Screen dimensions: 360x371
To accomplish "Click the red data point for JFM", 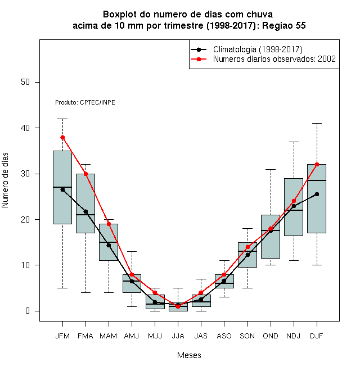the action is click(62, 138).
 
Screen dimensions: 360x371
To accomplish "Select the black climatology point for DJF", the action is click(317, 194).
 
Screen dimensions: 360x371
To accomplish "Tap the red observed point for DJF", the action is click(317, 165).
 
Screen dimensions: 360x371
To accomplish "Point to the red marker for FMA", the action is click(85, 174).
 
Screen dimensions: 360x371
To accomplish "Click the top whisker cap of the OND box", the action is click(271, 169).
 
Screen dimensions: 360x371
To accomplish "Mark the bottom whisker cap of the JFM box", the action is click(62, 288).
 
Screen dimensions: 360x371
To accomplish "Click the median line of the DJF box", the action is click(317, 180).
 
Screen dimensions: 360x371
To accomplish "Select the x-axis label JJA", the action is click(178, 336).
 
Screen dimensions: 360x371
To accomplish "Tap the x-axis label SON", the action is click(247, 336).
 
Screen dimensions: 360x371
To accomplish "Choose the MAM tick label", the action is click(108, 336).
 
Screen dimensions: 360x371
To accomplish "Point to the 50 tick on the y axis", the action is click(25, 82).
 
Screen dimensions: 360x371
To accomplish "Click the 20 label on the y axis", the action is click(25, 220).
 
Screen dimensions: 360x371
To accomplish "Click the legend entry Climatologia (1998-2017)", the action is click(258, 49).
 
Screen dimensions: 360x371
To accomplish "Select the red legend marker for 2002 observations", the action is click(199, 59).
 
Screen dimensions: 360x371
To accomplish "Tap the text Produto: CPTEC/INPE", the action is click(85, 102).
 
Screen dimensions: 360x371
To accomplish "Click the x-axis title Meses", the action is click(189, 355).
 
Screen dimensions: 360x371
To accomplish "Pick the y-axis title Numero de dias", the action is click(5, 180).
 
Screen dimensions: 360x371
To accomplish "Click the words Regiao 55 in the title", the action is click(283, 25).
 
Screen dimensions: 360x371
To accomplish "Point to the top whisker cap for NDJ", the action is click(294, 142).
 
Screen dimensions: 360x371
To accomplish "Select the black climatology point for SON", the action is click(247, 255).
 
